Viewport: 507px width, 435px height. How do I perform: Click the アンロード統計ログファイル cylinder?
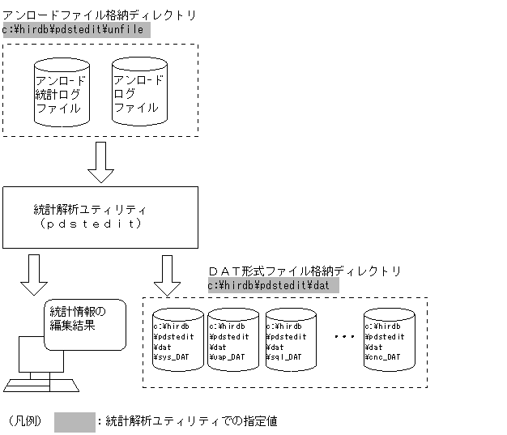point(62,93)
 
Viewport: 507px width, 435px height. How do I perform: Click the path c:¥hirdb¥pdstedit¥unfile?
point(75,30)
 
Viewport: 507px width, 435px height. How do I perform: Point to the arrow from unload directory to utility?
point(100,162)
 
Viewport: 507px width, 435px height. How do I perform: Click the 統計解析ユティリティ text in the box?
point(90,210)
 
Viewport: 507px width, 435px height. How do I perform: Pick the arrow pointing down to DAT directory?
point(168,275)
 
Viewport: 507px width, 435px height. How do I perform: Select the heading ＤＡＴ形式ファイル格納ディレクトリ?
point(304,271)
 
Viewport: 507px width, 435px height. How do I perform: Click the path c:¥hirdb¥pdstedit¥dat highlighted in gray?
point(272,285)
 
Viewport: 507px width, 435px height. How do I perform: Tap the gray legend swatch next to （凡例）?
point(75,421)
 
